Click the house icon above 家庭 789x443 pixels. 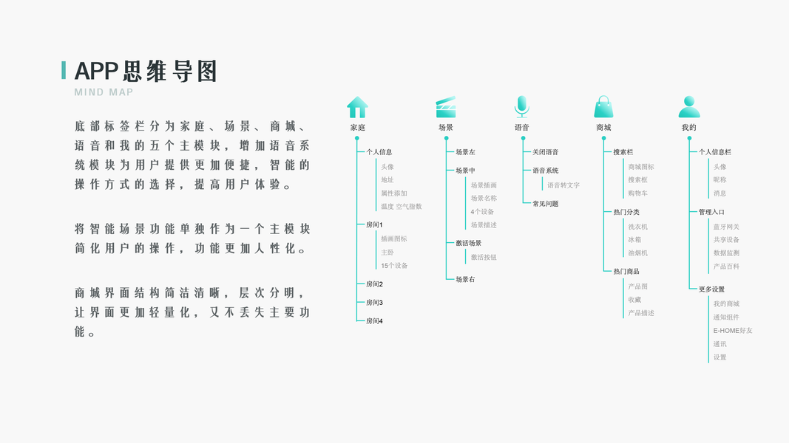click(357, 108)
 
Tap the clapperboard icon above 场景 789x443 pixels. click(446, 108)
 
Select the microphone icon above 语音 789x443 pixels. click(522, 107)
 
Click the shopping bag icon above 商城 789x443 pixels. click(603, 107)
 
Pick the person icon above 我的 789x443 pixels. click(689, 107)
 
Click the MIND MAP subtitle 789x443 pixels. click(104, 92)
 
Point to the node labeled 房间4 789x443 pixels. click(374, 321)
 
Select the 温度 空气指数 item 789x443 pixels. click(401, 207)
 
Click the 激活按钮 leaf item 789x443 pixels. click(484, 257)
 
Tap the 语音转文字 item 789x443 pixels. click(563, 185)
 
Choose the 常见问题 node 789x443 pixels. click(546, 204)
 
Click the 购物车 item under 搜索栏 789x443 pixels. click(637, 193)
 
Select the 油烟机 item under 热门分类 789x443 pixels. click(637, 253)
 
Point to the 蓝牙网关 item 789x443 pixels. click(726, 227)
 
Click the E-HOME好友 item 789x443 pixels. click(733, 331)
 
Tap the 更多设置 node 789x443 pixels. click(711, 289)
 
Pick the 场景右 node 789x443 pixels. click(465, 280)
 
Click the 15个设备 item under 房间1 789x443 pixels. click(394, 266)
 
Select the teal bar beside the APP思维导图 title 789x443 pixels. click(64, 70)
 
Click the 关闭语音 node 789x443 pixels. click(546, 152)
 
